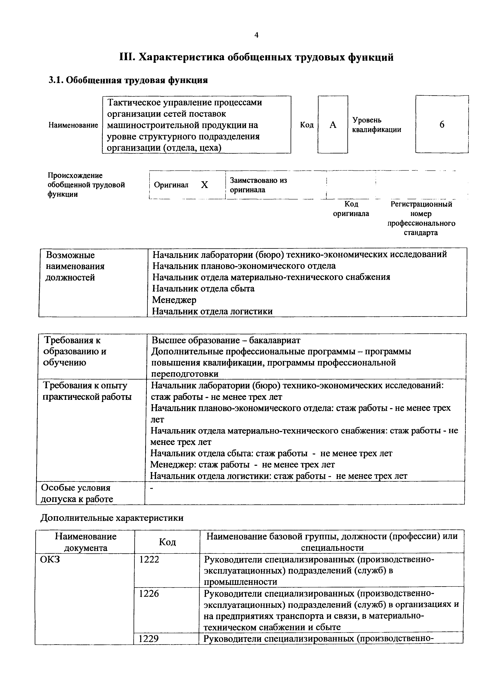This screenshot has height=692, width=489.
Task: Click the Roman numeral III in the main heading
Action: coord(127,57)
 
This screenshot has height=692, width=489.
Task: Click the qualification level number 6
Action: coord(442,124)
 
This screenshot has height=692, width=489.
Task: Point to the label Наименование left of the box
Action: coord(73,125)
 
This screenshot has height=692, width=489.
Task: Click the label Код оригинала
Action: coord(351,209)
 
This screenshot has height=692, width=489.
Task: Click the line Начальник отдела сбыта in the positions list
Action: coord(203,288)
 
